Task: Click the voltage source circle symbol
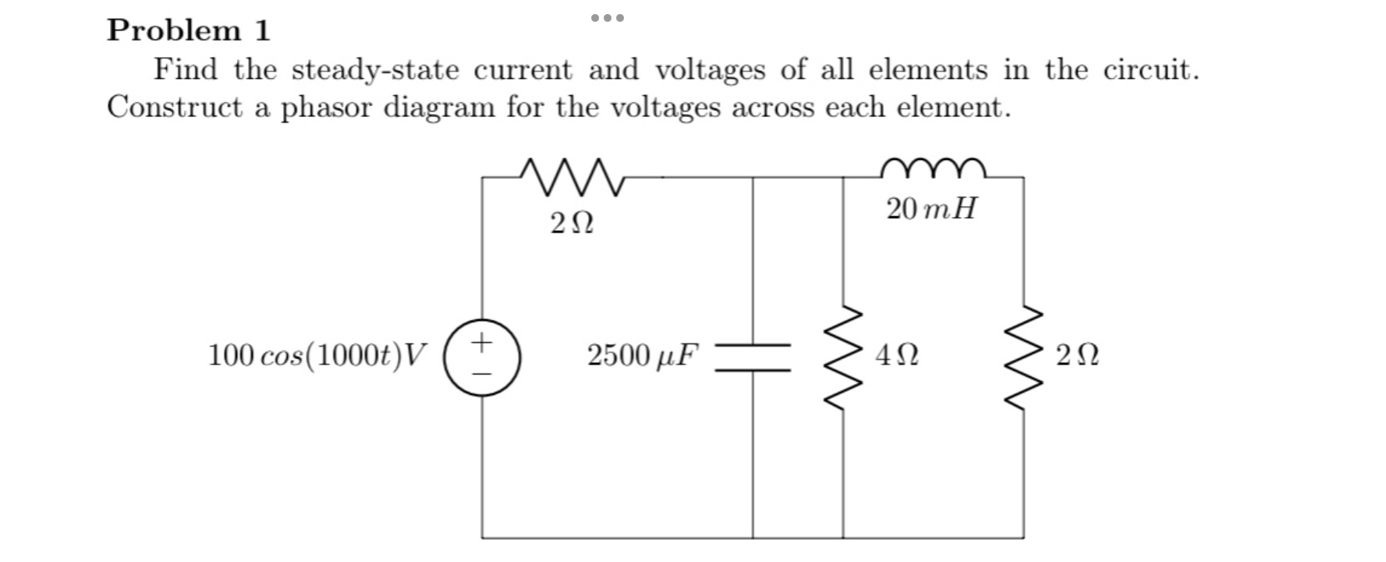pyautogui.click(x=483, y=357)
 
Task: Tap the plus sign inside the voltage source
pyautogui.click(x=483, y=341)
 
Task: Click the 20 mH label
pyautogui.click(x=931, y=209)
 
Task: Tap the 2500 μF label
pyautogui.click(x=643, y=356)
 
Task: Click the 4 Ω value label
pyautogui.click(x=897, y=356)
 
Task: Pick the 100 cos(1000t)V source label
pyautogui.click(x=317, y=356)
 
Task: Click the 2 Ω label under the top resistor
pyautogui.click(x=572, y=225)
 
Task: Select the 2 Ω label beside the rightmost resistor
pyautogui.click(x=1077, y=356)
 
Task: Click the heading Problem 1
pyautogui.click(x=189, y=30)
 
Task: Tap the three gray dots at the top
pyautogui.click(x=607, y=17)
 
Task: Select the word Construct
pyautogui.click(x=175, y=107)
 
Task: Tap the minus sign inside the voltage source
pyautogui.click(x=483, y=374)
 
